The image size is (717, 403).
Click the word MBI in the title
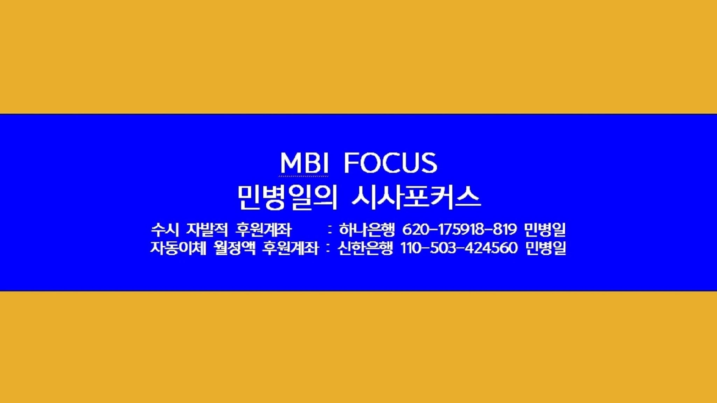(x=304, y=163)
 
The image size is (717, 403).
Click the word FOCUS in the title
(x=390, y=163)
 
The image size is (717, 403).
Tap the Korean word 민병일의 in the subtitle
(x=287, y=198)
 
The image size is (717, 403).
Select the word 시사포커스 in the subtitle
(x=416, y=198)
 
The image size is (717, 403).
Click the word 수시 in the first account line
(x=165, y=230)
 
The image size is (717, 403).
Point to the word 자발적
(x=207, y=230)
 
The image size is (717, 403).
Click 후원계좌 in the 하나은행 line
(x=263, y=230)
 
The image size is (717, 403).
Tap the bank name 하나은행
(x=367, y=230)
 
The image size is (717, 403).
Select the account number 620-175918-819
(x=459, y=229)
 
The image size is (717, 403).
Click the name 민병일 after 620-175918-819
(x=545, y=230)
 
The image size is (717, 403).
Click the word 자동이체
(x=178, y=248)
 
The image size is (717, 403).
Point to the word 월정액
(x=235, y=248)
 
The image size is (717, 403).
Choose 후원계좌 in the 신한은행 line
(x=291, y=248)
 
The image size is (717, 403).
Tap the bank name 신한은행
(x=366, y=248)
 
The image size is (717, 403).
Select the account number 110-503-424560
(x=459, y=248)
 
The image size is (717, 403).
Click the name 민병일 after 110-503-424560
(x=545, y=248)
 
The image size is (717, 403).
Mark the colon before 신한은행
(x=328, y=249)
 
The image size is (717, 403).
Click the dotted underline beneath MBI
(x=304, y=176)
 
